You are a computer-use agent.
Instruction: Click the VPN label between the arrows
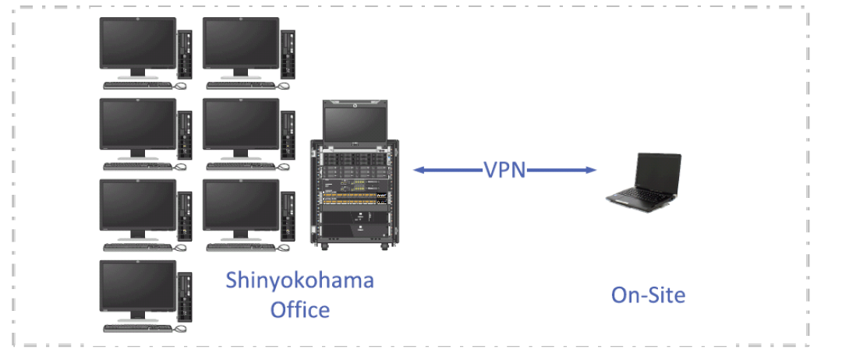(504, 170)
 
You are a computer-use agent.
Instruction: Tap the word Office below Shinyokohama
(299, 309)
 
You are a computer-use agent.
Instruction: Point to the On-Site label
(648, 295)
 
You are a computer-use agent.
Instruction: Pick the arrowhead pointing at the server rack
(419, 169)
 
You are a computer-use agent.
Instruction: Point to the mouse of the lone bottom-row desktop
(180, 327)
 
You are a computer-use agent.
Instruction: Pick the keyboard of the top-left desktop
(137, 84)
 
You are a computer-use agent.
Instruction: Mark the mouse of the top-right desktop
(284, 85)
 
